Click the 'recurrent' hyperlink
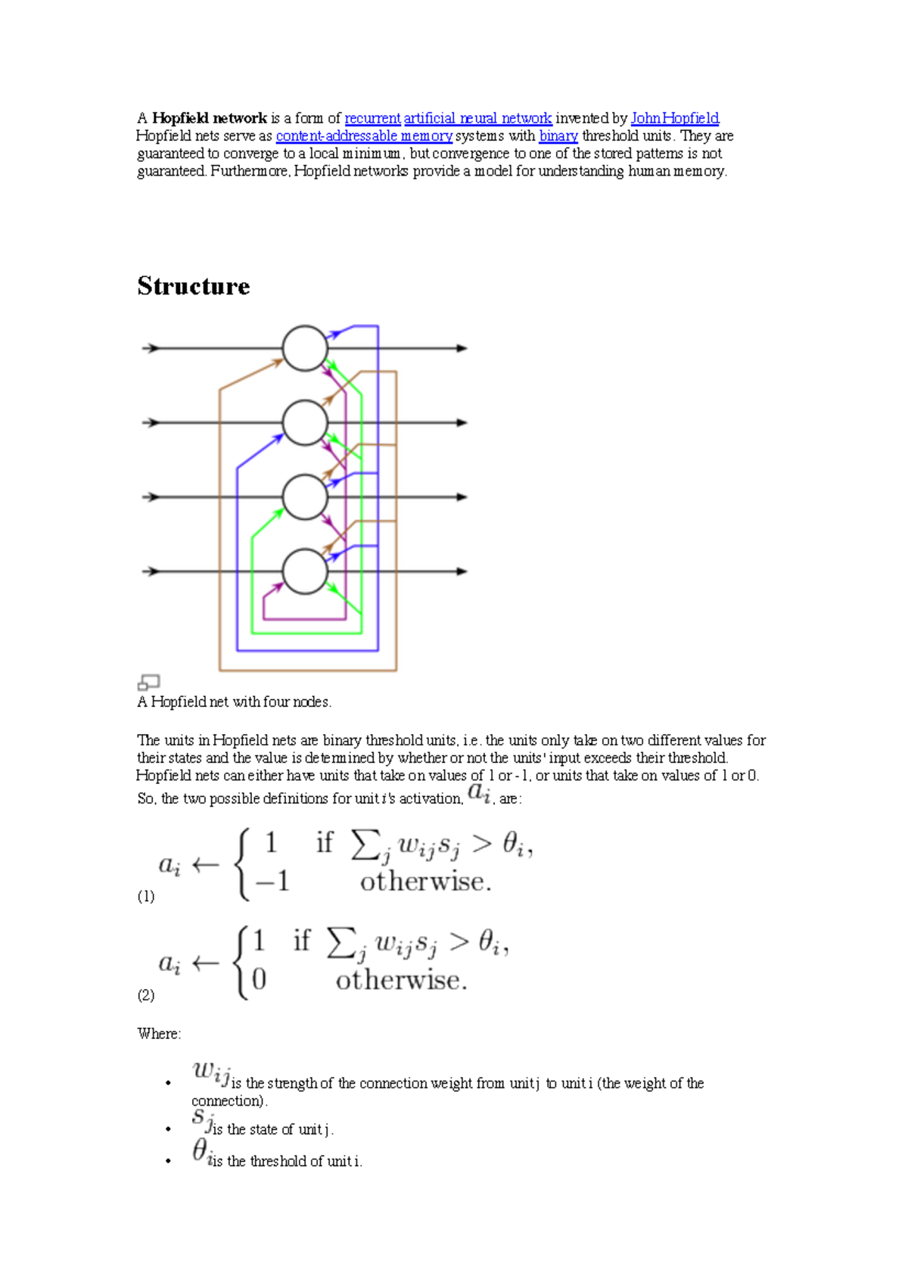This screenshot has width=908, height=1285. click(x=372, y=118)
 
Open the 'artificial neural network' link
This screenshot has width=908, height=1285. click(x=477, y=118)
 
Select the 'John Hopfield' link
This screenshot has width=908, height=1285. click(x=674, y=118)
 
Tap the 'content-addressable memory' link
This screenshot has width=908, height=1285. click(x=364, y=135)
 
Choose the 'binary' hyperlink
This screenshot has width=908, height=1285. click(x=558, y=135)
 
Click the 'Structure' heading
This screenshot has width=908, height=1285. click(x=194, y=286)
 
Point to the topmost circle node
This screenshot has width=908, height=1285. click(x=305, y=348)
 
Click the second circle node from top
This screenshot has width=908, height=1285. click(x=305, y=422)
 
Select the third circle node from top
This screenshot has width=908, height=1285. click(x=305, y=496)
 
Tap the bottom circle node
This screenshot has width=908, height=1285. click(x=305, y=571)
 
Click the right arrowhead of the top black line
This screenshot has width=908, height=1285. click(x=462, y=348)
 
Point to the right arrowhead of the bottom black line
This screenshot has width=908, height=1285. click(x=462, y=571)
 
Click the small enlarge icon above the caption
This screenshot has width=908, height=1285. click(x=148, y=683)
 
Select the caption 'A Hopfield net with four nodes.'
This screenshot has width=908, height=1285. click(x=234, y=702)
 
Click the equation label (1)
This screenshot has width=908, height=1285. click(x=146, y=896)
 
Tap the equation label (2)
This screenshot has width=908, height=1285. click(x=146, y=995)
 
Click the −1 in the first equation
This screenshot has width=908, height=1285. click(x=272, y=881)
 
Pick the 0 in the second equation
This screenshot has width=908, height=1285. click(x=259, y=980)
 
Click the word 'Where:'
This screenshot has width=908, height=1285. click(x=159, y=1034)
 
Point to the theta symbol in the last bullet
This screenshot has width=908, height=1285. click(x=201, y=1150)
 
